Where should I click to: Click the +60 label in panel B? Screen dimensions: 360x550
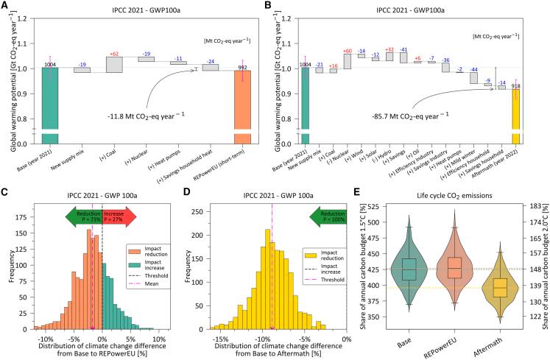[348, 50]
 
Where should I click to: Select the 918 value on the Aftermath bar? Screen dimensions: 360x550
[517, 87]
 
